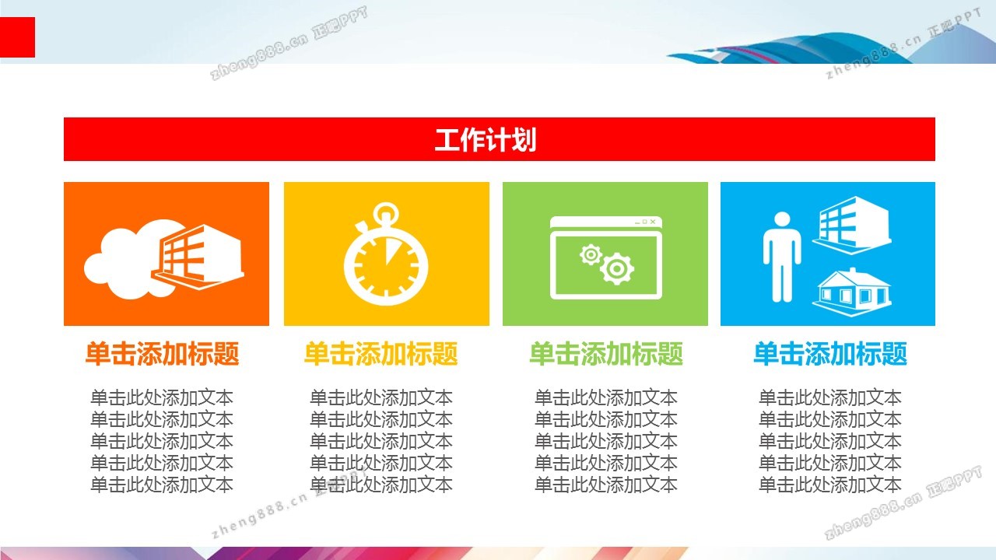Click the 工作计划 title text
coord(485,139)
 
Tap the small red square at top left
coord(17,37)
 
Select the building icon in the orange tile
coord(198,257)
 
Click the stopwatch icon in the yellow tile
coord(386,254)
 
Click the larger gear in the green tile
coord(617,268)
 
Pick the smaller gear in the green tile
coord(591,254)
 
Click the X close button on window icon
coord(653,222)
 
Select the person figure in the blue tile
coord(782,257)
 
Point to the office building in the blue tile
coord(852,225)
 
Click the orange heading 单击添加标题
coord(163,354)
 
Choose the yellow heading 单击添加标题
coord(381,354)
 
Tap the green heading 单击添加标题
coord(606,354)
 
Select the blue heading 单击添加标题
coord(830,354)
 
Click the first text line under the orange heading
coord(162,397)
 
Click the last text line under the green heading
coord(606,485)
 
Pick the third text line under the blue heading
coord(830,441)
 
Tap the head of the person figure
coord(782,219)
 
